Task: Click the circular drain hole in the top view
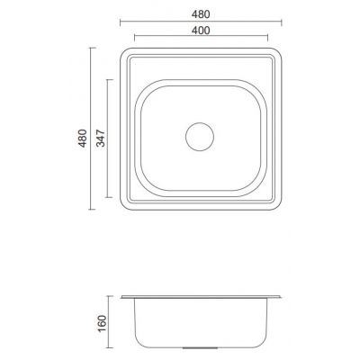coord(198,136)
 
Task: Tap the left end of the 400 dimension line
coord(134,40)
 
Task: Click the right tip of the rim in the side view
coord(279,298)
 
